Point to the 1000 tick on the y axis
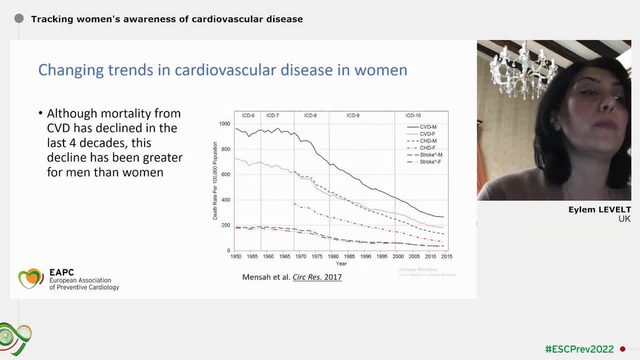[x=225, y=124]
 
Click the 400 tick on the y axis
[x=227, y=200]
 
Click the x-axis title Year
[x=341, y=263]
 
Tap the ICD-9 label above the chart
[x=353, y=115]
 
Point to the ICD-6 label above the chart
[x=247, y=115]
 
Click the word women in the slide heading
[x=381, y=70]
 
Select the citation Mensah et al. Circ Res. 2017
[x=292, y=278]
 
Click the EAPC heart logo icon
[x=31, y=278]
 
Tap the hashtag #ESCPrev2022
[x=579, y=349]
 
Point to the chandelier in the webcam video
[x=522, y=69]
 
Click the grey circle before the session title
[x=19, y=19]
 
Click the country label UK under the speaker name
[x=625, y=219]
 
